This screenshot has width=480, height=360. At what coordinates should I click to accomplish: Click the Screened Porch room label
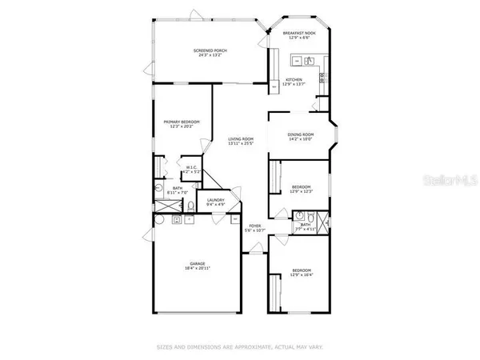pos(210,50)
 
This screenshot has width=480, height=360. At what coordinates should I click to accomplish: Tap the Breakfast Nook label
pos(300,33)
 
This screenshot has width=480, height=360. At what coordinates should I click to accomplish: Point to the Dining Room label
pos(301,134)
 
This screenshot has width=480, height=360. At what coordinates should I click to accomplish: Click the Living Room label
pos(239,138)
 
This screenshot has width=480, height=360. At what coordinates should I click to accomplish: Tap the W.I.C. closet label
pos(190,167)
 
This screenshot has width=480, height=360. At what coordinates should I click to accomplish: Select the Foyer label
pos(255,226)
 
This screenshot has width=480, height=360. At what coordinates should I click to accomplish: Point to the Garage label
pos(198,263)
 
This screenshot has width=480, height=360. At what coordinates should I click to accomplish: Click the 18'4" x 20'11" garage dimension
pos(198,269)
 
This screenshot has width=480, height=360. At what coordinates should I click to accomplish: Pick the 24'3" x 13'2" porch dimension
pos(210,55)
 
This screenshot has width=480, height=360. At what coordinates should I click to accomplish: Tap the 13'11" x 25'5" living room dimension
pos(239,144)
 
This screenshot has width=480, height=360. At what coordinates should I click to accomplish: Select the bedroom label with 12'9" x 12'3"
pos(300,186)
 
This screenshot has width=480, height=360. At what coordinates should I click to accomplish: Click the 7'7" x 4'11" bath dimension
pos(305,230)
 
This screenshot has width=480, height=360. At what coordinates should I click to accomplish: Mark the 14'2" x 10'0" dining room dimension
pos(301,139)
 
